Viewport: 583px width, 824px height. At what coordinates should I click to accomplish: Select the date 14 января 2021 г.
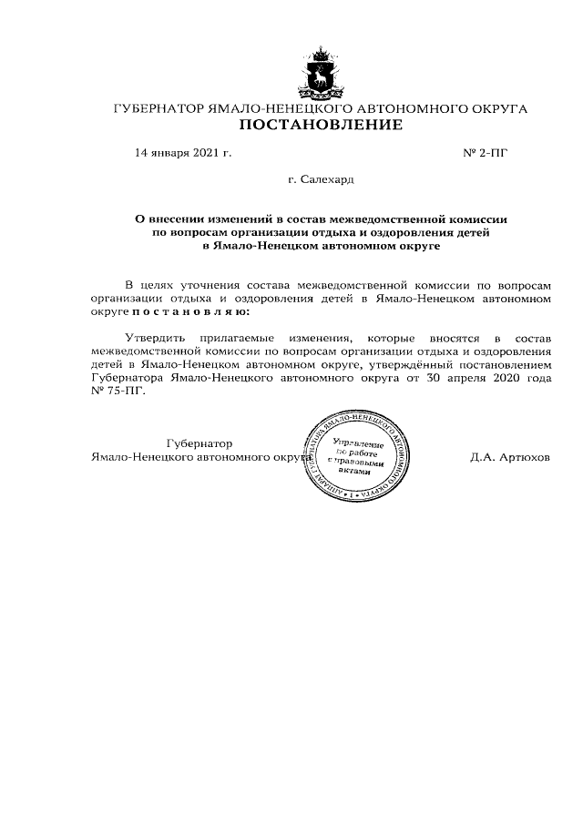pos(183,152)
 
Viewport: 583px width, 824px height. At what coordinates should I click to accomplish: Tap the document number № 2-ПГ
pos(486,152)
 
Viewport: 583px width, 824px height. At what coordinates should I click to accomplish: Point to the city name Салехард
pos(326,181)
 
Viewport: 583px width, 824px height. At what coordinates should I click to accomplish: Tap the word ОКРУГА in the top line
pos(497,108)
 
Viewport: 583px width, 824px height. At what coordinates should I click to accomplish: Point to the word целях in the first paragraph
pos(162,285)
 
